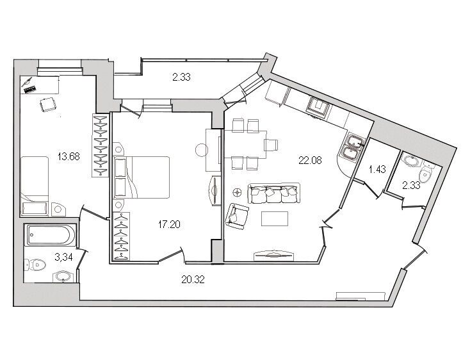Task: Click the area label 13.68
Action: [69, 156]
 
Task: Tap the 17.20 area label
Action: [169, 224]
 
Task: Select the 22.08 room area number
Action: [310, 160]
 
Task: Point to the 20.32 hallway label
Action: [193, 280]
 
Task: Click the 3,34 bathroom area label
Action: [63, 257]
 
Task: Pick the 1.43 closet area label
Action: [377, 170]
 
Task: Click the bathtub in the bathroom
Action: [50, 234]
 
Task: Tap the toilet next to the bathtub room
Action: [35, 265]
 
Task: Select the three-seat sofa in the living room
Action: [274, 193]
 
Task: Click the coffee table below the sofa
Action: [275, 218]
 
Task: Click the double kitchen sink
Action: [352, 147]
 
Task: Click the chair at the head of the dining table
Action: [272, 145]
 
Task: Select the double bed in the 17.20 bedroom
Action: [142, 177]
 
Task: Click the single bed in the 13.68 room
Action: [35, 186]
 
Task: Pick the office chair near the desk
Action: [48, 104]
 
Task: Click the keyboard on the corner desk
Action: [29, 89]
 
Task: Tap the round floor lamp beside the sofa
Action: [238, 192]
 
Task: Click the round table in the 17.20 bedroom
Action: [202, 150]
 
